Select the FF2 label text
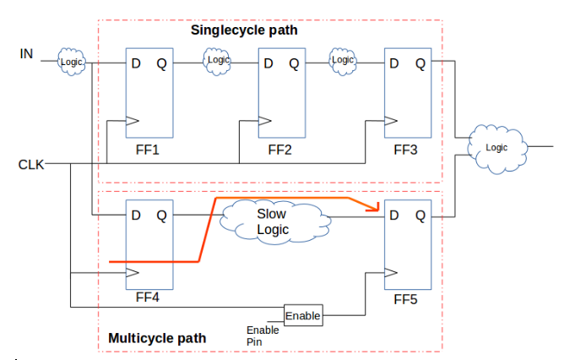[279, 150]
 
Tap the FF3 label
[406, 150]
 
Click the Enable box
[302, 316]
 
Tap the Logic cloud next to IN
[71, 61]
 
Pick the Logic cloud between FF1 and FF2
[217, 60]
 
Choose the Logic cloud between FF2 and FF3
[342, 60]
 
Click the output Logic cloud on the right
[498, 147]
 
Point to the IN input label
[27, 54]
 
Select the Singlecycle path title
[244, 30]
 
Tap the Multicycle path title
[157, 339]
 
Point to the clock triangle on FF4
[132, 272]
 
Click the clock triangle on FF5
[390, 272]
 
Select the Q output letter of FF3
[420, 63]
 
